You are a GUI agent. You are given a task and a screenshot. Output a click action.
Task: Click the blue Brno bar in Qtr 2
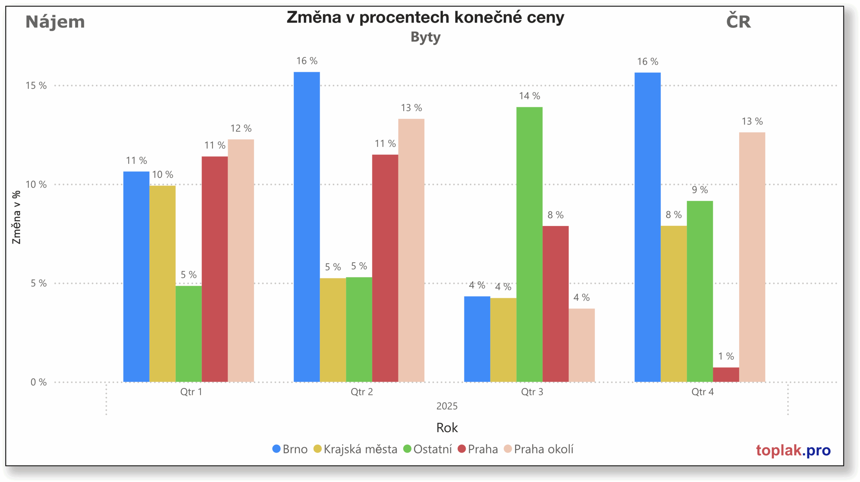tap(306, 227)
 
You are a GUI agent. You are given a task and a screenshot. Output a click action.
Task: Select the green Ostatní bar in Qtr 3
tap(529, 245)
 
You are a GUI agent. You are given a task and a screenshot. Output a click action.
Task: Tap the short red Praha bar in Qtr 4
tap(726, 374)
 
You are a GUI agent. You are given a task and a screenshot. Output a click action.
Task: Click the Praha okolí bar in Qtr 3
tap(582, 345)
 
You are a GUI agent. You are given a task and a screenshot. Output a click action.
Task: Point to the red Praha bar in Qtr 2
tap(385, 268)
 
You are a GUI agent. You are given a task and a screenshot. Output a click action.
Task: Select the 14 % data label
tap(529, 96)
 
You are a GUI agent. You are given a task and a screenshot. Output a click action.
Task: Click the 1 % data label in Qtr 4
tap(726, 356)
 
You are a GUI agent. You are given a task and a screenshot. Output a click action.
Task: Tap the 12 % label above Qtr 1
tap(241, 128)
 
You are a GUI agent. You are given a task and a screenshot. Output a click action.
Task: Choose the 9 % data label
tap(700, 190)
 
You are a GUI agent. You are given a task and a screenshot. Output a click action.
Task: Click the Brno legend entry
tap(290, 449)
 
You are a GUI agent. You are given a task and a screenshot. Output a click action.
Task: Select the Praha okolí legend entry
tap(539, 449)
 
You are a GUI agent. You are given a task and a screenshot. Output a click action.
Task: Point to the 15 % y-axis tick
tap(36, 86)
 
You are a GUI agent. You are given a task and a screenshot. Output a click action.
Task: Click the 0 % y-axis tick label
tap(38, 382)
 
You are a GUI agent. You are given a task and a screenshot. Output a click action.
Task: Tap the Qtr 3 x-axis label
tap(532, 392)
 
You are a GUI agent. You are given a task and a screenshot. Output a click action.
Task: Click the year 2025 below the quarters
tap(447, 406)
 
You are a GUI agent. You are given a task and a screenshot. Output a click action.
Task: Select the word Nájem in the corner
tap(55, 22)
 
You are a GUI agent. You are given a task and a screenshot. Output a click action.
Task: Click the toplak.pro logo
tap(793, 450)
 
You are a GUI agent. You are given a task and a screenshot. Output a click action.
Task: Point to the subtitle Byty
tap(425, 37)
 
